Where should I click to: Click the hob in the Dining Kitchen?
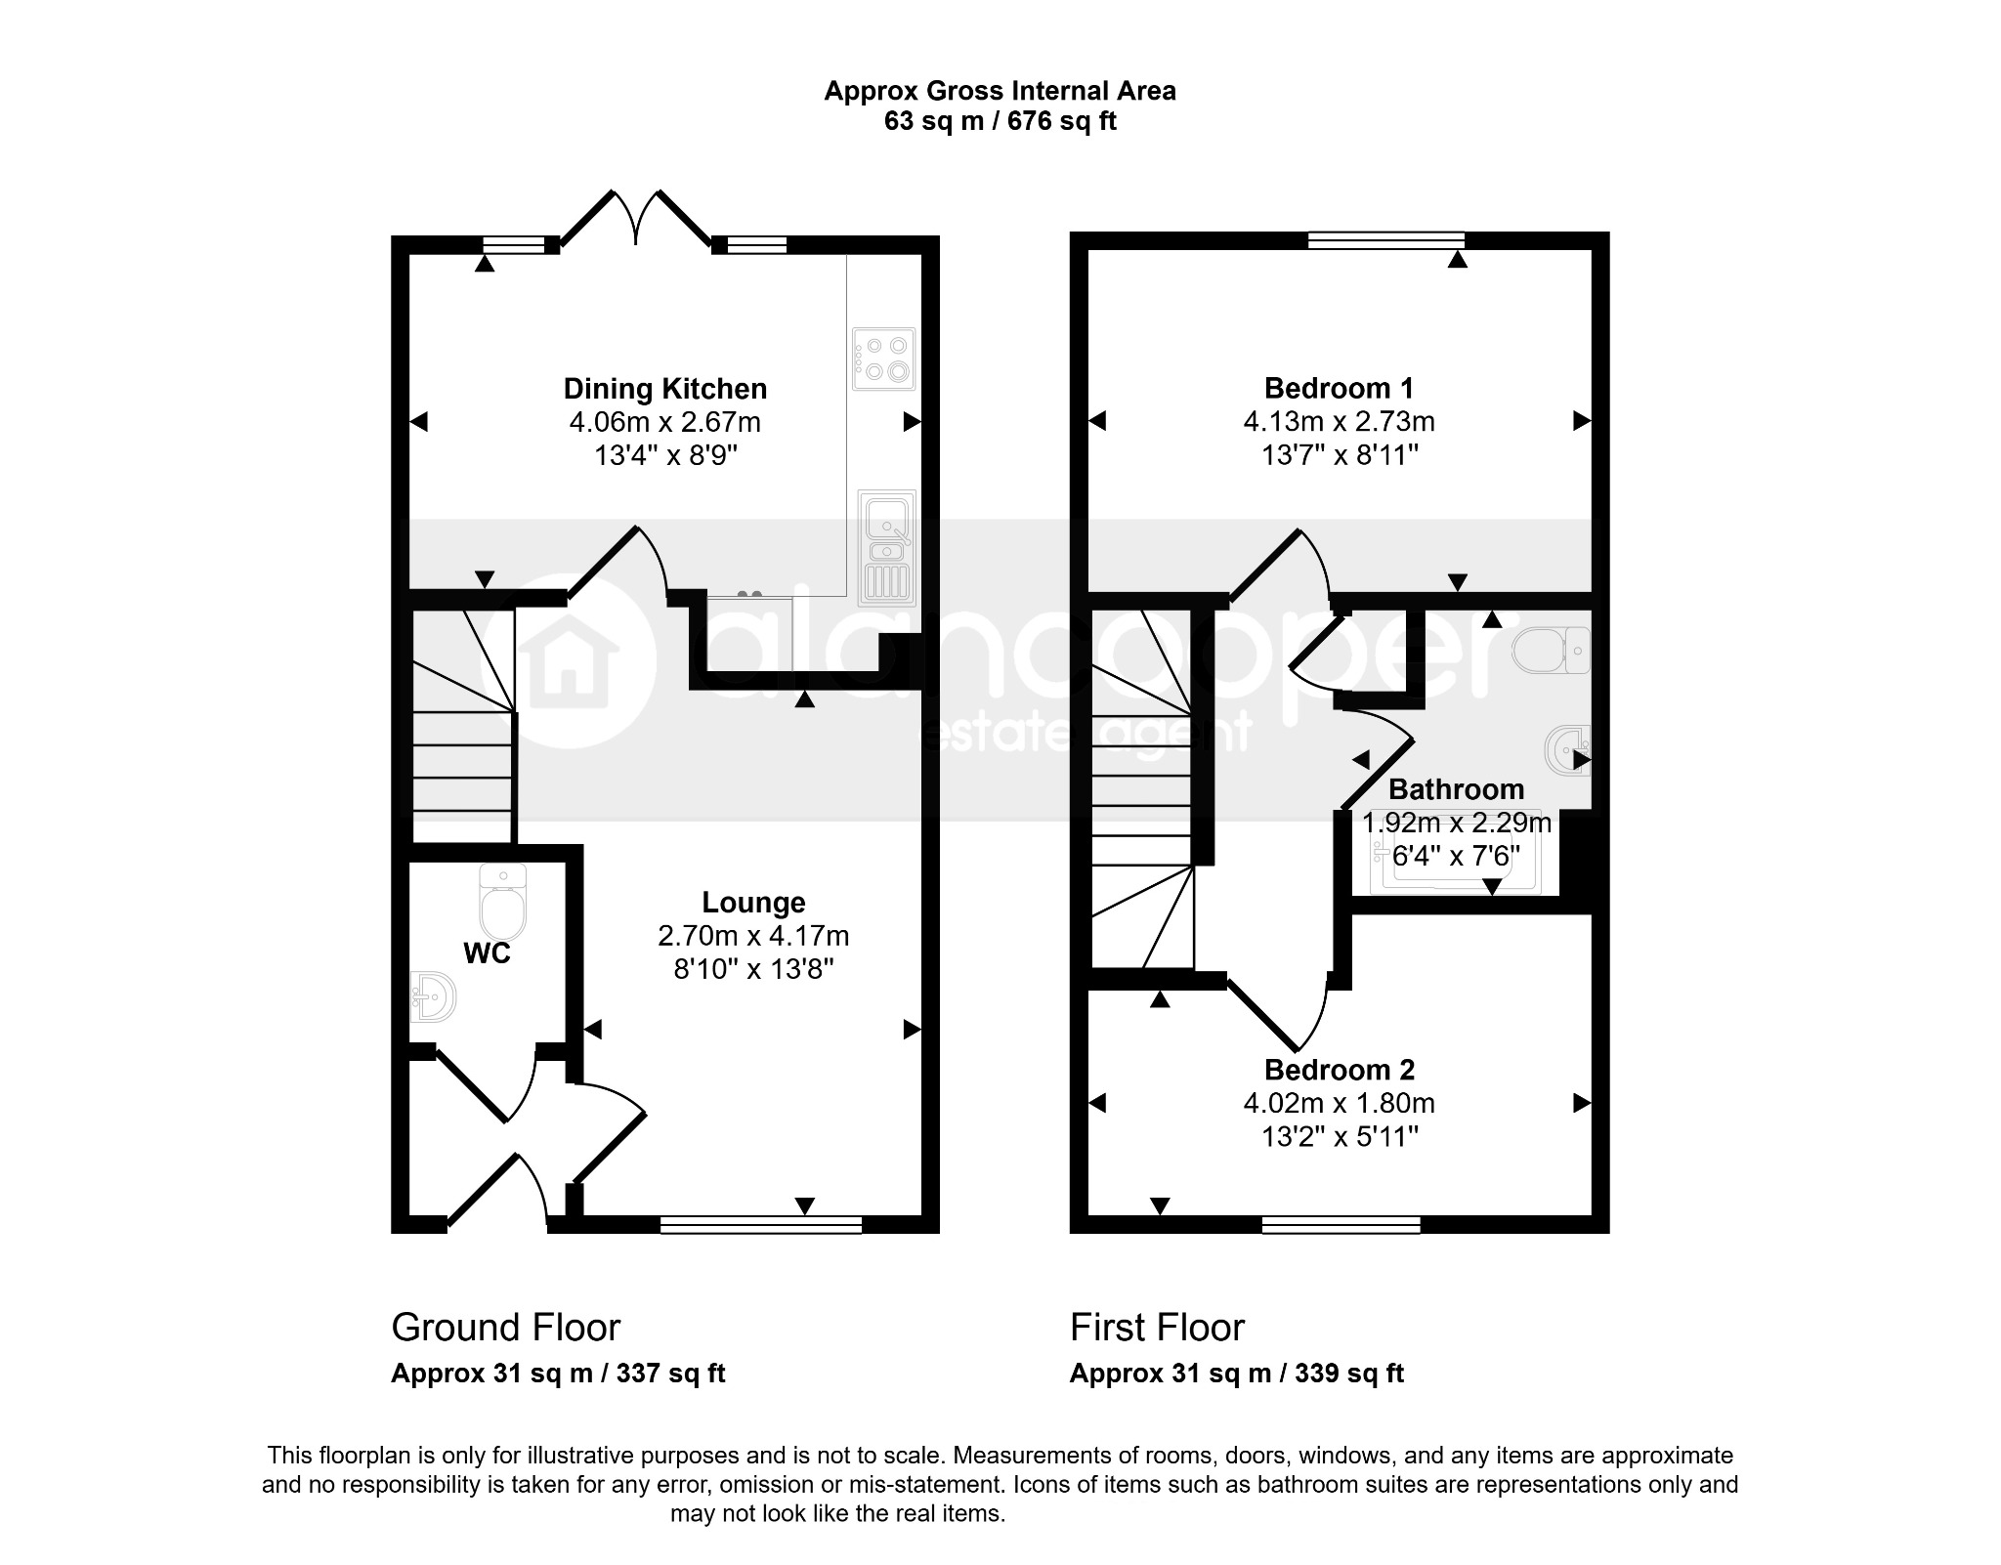[884, 359]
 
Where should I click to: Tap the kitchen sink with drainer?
[886, 548]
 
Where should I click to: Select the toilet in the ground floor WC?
[503, 902]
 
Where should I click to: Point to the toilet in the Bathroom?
[1552, 650]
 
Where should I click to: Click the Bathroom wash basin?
[1569, 751]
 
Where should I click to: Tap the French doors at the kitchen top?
[635, 219]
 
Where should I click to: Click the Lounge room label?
[753, 903]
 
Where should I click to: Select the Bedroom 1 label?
[1339, 389]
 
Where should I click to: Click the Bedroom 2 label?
[1339, 1070]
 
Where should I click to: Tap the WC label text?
[487, 953]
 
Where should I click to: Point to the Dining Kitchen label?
[665, 389]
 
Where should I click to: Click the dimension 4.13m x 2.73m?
[1339, 422]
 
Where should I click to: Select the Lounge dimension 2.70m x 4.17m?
[753, 936]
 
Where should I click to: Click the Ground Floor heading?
[505, 1328]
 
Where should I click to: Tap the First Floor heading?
[1157, 1328]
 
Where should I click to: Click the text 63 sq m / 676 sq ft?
[1000, 121]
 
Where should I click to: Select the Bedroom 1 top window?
[1386, 240]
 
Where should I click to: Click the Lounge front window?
[761, 1224]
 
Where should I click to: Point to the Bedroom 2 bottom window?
[1341, 1224]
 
